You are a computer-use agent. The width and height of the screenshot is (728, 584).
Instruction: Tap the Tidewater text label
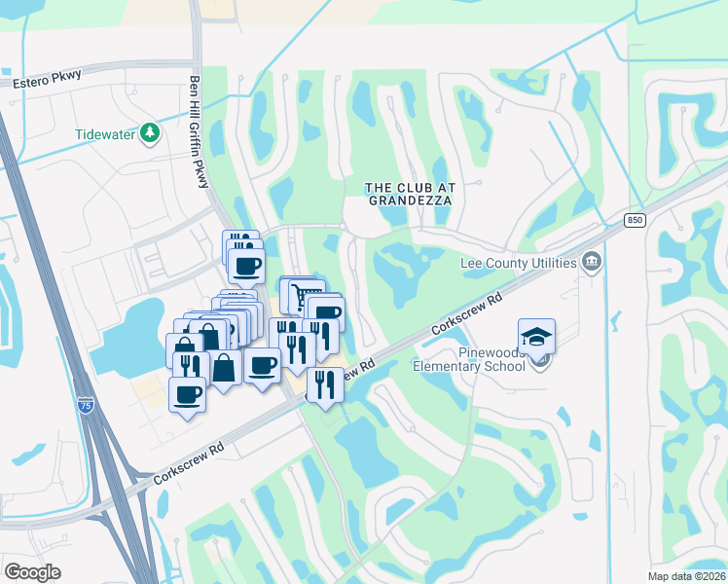105,134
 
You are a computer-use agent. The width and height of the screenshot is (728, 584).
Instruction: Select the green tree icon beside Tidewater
150,132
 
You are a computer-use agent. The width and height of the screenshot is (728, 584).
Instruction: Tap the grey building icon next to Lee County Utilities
591,261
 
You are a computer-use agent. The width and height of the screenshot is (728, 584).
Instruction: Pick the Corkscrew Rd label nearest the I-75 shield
189,461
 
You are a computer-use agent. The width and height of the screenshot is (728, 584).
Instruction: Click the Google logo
32,571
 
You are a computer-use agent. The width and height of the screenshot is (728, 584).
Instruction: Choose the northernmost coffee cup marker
246,265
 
